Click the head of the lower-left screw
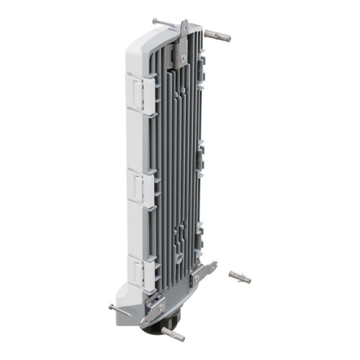click(112, 307)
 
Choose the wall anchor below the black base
click(175, 334)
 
